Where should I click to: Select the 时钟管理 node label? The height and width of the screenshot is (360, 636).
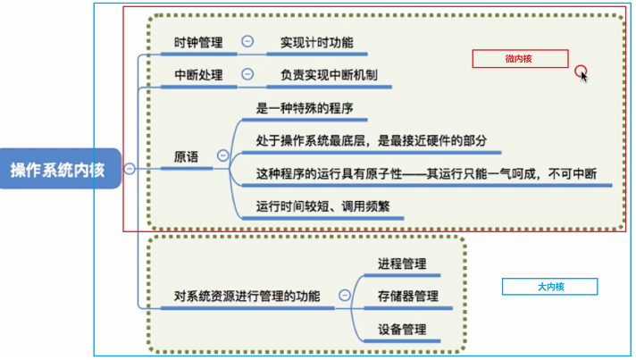(x=198, y=43)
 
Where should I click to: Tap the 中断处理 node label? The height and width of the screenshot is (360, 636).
(x=198, y=75)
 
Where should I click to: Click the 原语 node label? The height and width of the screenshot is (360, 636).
(x=186, y=157)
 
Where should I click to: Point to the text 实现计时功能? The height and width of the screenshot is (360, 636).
(x=317, y=43)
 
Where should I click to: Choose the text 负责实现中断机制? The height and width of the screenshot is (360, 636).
(x=329, y=75)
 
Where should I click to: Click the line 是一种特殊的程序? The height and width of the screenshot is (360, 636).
(x=305, y=108)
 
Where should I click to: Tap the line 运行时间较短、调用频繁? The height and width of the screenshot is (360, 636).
(x=322, y=206)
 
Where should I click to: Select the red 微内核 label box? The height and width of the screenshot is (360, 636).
(x=520, y=59)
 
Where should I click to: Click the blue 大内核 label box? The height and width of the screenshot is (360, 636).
(x=549, y=287)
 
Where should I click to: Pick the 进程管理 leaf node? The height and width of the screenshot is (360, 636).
(x=402, y=264)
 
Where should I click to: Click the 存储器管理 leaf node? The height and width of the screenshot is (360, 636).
(x=408, y=297)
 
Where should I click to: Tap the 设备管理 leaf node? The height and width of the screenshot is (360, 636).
(x=402, y=330)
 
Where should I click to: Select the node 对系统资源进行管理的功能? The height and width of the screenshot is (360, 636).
(x=247, y=297)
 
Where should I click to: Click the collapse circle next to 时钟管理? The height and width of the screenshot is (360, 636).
(x=247, y=41)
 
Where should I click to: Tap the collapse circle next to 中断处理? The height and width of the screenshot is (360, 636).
(x=247, y=74)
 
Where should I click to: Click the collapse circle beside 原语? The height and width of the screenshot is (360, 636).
(x=222, y=155)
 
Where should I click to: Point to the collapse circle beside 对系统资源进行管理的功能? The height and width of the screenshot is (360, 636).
(x=345, y=295)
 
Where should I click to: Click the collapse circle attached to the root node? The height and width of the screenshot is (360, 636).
(x=130, y=168)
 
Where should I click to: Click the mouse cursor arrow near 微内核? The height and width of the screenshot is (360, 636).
(x=583, y=76)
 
